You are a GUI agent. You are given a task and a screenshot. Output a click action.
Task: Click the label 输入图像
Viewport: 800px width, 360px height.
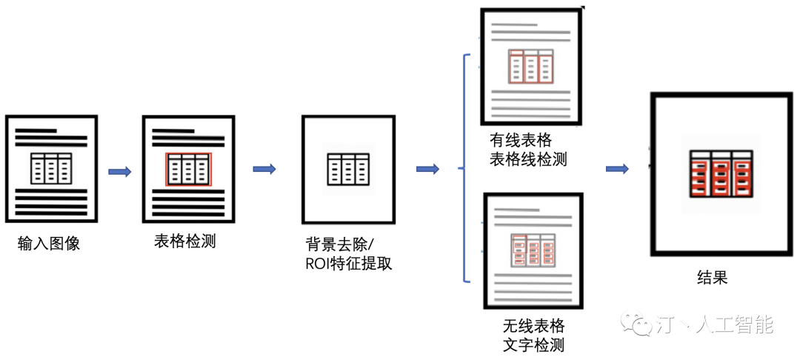pos(49,243)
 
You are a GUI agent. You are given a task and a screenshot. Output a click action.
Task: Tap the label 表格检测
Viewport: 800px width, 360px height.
pos(185,241)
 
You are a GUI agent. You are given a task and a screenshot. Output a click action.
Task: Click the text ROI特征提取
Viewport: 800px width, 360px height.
pos(348,264)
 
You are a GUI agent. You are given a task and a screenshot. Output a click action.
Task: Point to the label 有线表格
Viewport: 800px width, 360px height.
pos(521,140)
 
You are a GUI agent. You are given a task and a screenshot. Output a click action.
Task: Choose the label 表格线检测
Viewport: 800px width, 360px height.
pos(529,159)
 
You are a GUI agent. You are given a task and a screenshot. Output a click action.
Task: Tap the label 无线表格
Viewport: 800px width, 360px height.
pos(533,325)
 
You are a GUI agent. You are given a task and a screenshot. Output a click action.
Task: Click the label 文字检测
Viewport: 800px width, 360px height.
pos(533,344)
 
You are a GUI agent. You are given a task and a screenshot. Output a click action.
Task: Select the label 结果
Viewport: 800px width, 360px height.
pos(712,277)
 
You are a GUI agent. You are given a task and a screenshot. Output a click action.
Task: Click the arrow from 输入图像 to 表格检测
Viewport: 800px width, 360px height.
pos(120,172)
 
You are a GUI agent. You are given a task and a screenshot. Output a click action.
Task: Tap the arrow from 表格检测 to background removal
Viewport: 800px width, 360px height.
pos(264,169)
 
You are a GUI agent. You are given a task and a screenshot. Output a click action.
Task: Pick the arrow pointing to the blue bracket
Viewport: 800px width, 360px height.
pos(427,169)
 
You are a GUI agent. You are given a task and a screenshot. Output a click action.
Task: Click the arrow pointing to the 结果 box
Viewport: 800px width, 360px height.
pos(617,169)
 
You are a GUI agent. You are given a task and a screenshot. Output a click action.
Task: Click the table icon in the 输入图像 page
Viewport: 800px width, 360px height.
pos(51,168)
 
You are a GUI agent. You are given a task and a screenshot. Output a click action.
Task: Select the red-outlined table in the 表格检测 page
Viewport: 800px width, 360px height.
pos(188,169)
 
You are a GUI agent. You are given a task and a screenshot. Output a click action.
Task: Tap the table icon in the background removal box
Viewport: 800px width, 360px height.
pos(348,169)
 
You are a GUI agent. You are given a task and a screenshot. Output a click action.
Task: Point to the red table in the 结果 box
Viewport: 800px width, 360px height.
pos(721,173)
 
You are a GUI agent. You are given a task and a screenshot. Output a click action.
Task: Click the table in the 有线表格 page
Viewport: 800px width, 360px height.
pos(530,66)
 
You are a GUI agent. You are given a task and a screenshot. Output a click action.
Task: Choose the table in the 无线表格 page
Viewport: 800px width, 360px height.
pos(533,250)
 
